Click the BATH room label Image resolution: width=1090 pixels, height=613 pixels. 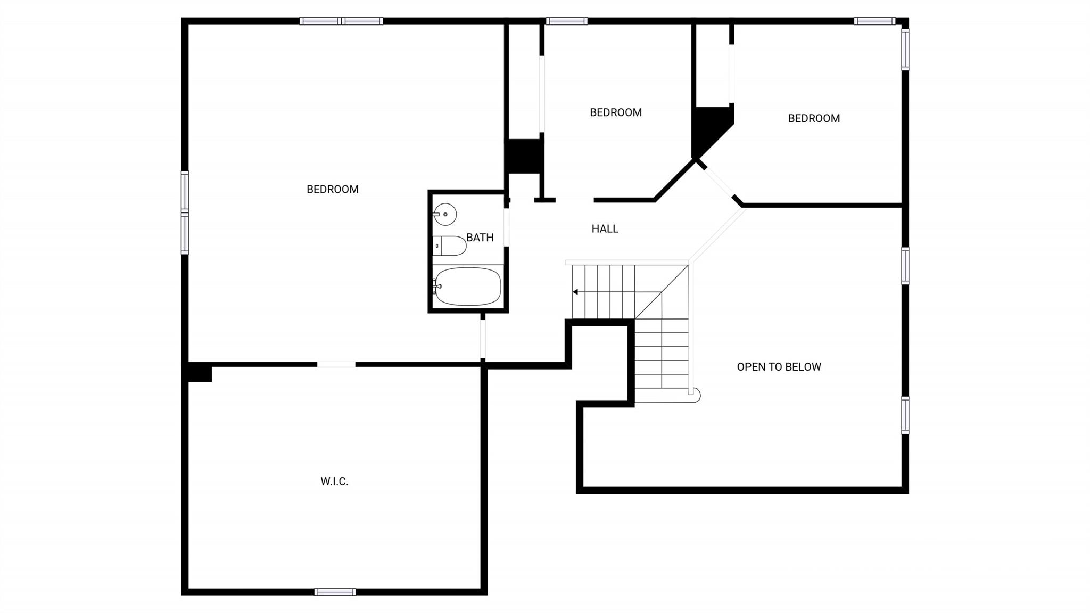(480, 238)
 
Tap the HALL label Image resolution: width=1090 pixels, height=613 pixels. (605, 228)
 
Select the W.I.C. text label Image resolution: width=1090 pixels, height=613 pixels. (334, 481)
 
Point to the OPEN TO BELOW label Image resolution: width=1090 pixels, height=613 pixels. (779, 367)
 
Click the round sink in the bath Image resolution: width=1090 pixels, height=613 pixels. (445, 215)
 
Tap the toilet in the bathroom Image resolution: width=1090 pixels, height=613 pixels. (449, 246)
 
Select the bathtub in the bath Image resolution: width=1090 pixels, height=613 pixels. (467, 287)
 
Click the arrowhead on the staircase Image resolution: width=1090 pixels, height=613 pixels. (575, 292)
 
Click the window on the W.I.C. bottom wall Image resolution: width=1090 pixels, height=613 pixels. (335, 592)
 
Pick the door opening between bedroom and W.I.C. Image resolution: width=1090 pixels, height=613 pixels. (336, 364)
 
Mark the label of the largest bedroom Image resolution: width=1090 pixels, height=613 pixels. (333, 189)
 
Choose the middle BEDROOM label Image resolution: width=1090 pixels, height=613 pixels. (616, 112)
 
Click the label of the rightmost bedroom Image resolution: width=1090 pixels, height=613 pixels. (814, 118)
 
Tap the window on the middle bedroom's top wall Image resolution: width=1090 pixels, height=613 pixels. (566, 21)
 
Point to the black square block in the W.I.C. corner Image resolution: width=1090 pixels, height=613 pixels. (200, 372)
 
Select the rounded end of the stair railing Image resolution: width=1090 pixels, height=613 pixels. (694, 395)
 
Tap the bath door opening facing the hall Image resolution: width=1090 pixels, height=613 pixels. (506, 227)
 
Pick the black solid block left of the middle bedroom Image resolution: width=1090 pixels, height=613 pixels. (525, 157)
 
